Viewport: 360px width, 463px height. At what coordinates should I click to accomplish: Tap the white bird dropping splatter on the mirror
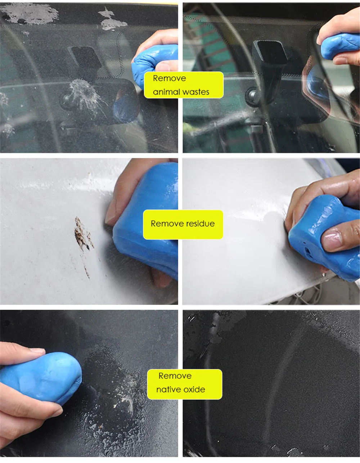coord(87,96)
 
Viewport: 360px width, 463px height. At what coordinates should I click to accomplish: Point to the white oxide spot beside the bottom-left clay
coord(126,401)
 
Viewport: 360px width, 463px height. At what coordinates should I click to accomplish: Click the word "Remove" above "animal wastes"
coord(169,78)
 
